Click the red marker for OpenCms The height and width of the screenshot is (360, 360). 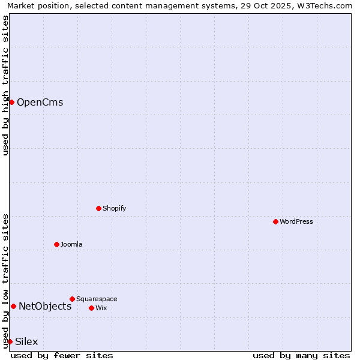point(11,102)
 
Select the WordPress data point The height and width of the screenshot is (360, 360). point(275,221)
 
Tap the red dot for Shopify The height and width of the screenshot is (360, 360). point(98,208)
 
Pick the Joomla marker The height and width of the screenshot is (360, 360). point(56,244)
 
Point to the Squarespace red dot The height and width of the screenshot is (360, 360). point(72,299)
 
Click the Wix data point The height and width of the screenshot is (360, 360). point(91,308)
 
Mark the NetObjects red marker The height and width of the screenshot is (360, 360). point(13,306)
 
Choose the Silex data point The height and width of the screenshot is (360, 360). point(10,341)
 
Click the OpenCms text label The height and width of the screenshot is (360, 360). point(40,102)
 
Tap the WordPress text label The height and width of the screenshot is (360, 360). point(296,221)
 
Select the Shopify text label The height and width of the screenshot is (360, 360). point(114,208)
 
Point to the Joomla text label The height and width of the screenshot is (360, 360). point(71,244)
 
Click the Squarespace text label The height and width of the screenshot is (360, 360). point(97,299)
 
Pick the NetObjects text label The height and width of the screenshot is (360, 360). point(45,306)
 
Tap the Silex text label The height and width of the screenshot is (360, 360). point(26,341)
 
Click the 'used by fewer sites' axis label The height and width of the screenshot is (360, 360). point(62,355)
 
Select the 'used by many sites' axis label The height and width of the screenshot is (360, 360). point(301,355)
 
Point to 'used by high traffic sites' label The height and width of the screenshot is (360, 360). point(5,85)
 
